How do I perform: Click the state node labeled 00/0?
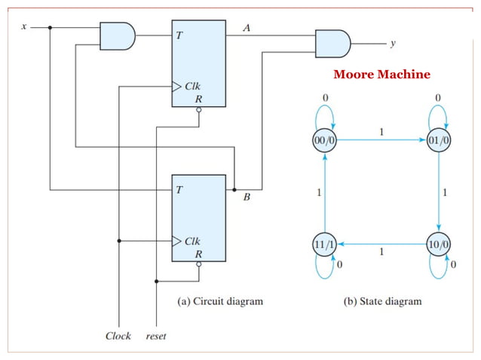coord(324,140)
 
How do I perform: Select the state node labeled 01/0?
coord(439,140)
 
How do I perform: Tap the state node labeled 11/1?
coord(324,245)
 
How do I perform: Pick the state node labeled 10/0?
coord(439,245)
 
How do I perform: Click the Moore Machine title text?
coord(381,75)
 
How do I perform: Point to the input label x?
coord(23,27)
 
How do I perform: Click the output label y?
coord(392,44)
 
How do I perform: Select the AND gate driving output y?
coord(332,44)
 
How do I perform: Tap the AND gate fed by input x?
coord(117,35)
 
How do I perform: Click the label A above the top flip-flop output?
coord(247,28)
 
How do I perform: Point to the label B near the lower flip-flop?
coord(246,198)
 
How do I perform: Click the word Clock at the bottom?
coord(118,336)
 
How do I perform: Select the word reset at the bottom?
coord(156,336)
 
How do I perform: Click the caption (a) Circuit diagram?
coord(220,301)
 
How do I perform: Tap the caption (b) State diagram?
coord(382,301)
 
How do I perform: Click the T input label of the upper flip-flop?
coord(179,35)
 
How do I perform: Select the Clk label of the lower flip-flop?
coord(193,242)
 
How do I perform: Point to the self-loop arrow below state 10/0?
coord(439,267)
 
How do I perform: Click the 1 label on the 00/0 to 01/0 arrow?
coord(381,132)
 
